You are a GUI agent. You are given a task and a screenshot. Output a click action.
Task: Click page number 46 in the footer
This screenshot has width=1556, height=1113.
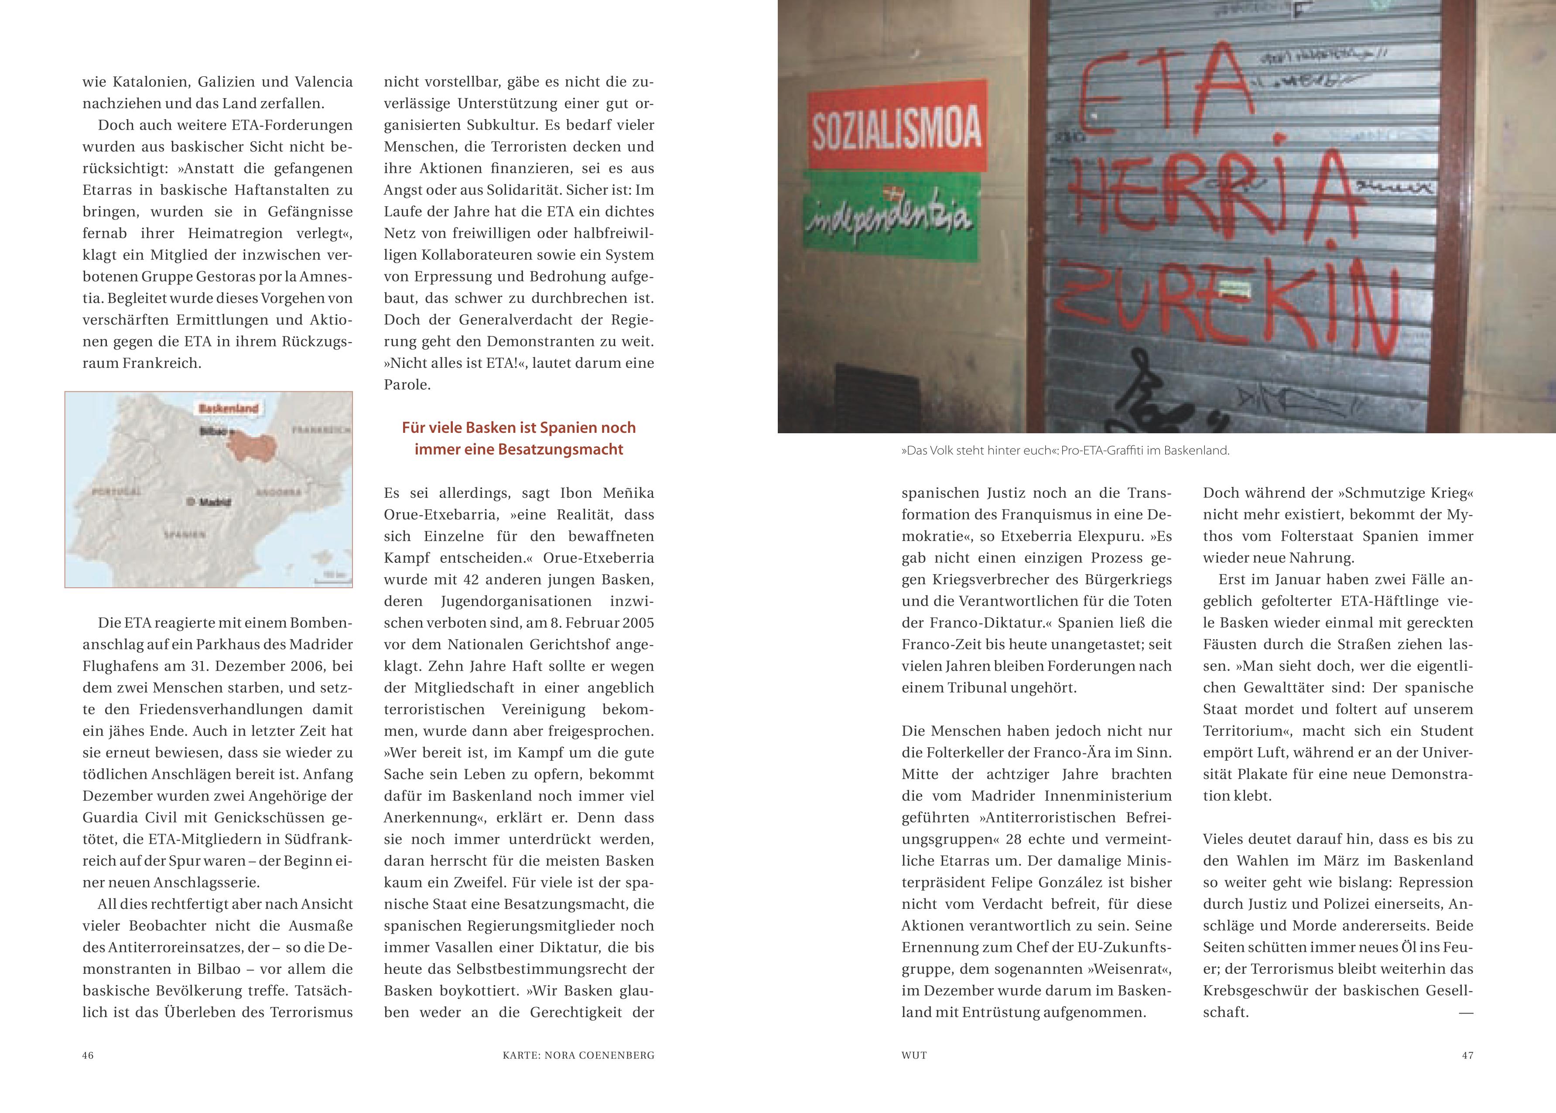(88, 1055)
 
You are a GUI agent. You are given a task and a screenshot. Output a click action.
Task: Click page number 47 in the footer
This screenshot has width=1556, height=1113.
(1467, 1055)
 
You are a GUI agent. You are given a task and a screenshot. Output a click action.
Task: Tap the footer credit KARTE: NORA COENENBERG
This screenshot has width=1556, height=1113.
(578, 1055)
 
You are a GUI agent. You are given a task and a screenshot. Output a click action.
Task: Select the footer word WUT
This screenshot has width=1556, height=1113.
(914, 1055)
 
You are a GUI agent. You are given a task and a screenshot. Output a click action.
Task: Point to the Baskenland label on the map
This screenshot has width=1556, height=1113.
(228, 408)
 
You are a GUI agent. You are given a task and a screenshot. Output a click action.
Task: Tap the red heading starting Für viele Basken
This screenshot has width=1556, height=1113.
(519, 438)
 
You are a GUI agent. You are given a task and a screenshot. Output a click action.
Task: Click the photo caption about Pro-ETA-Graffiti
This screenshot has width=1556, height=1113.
(1065, 451)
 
